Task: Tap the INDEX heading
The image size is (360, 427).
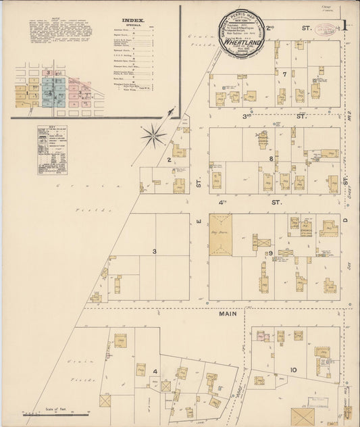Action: (x=134, y=20)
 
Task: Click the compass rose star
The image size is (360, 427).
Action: (x=154, y=137)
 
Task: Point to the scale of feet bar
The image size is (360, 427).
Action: (x=57, y=412)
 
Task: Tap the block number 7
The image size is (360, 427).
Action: (x=285, y=74)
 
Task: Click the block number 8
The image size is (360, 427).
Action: (x=271, y=159)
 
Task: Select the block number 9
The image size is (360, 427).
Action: (x=270, y=253)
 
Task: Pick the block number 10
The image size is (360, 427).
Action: (x=293, y=370)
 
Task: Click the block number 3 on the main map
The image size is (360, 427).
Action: (x=154, y=252)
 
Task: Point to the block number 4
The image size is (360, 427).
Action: (x=155, y=371)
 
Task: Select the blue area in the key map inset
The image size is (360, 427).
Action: (x=49, y=92)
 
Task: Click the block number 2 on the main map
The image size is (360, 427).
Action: (x=168, y=160)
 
